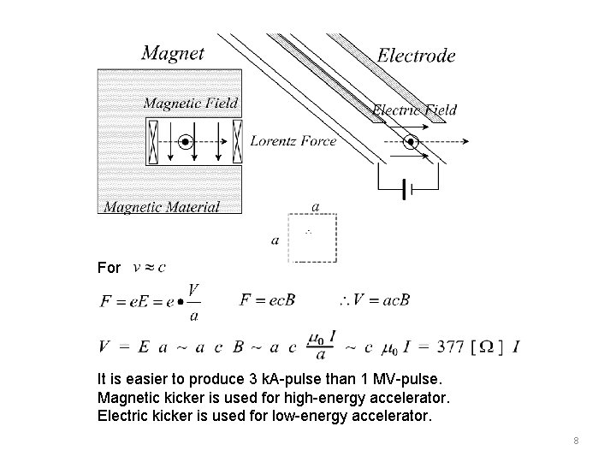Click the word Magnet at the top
click(173, 53)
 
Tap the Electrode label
click(416, 56)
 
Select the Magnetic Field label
click(191, 104)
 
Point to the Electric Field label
click(415, 110)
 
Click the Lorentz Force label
click(293, 141)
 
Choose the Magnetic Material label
click(162, 206)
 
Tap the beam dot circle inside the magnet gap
click(185, 141)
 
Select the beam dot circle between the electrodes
click(411, 142)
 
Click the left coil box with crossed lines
click(153, 141)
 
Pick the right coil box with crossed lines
click(237, 141)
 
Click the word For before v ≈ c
click(110, 268)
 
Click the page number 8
click(577, 440)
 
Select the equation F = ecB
click(267, 299)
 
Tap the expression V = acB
click(374, 300)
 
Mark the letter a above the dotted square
click(317, 206)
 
